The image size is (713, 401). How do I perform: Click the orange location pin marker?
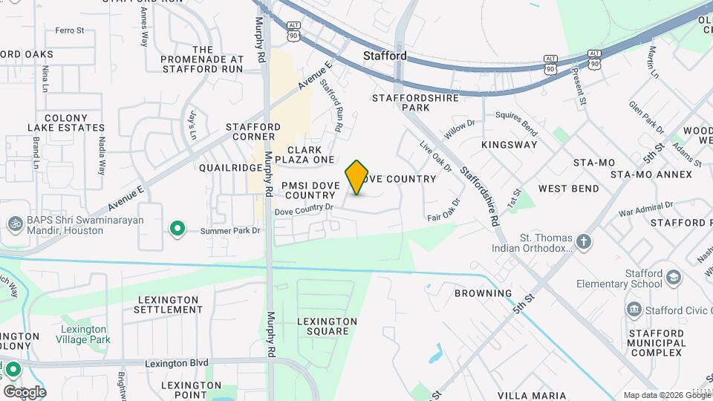357,177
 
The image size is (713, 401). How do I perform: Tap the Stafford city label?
385,56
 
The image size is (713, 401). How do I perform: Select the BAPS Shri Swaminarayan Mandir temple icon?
14,223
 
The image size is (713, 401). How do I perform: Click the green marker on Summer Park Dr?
177,229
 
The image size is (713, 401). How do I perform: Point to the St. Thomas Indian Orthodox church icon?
585,241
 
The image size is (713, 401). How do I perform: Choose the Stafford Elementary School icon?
673,278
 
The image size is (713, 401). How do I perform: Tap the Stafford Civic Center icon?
634,308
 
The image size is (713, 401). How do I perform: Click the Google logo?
24,391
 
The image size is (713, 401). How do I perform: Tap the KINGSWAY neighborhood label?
509,145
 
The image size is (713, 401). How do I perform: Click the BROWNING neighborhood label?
484,293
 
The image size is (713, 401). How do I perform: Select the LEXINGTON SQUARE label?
328,326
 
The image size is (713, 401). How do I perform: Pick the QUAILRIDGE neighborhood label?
227,168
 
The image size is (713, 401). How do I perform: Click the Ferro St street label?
70,30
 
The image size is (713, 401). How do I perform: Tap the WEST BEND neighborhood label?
569,189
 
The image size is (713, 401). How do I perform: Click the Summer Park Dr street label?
232,231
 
